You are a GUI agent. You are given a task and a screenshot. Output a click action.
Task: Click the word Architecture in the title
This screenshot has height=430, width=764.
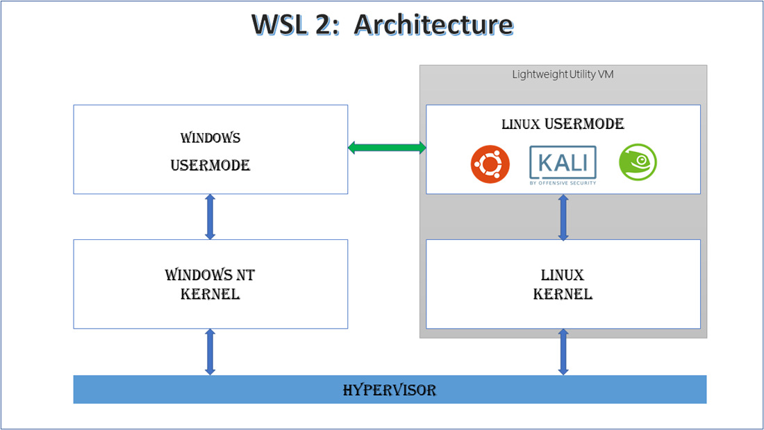coord(433,24)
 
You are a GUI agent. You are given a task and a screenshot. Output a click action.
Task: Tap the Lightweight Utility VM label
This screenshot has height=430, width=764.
coord(563,74)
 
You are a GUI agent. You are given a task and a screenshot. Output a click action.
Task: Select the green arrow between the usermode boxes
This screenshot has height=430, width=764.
coord(387,147)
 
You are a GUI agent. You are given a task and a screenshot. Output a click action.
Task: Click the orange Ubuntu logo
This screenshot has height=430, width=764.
coord(490,164)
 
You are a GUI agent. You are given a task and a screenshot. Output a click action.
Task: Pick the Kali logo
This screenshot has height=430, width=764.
coord(563,162)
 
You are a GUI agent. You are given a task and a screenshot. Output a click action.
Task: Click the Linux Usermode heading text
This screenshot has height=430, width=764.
coord(563,124)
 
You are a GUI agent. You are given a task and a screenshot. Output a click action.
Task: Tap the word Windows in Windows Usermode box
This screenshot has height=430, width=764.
coord(210,137)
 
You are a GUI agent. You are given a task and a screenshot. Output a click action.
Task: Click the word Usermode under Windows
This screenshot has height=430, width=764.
coord(210,165)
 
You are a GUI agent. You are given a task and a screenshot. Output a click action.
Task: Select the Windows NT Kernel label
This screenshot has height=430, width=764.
coord(210,284)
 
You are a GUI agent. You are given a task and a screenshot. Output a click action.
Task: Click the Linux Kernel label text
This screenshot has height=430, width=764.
coord(563,284)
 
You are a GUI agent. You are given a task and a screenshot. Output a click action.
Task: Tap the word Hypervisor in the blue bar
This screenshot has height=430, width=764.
coord(390,390)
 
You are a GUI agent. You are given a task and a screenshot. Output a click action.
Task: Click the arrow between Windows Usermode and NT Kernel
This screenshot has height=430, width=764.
coord(210,217)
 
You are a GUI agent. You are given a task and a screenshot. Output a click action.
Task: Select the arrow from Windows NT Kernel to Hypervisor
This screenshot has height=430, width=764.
coord(210,352)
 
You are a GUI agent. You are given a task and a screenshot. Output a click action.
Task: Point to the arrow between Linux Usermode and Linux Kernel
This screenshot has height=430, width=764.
coord(563,217)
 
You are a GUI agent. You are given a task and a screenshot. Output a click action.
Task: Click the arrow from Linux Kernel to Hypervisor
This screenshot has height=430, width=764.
coord(563,352)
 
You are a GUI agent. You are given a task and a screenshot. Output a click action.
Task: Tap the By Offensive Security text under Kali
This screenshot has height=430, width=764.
coord(563,183)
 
